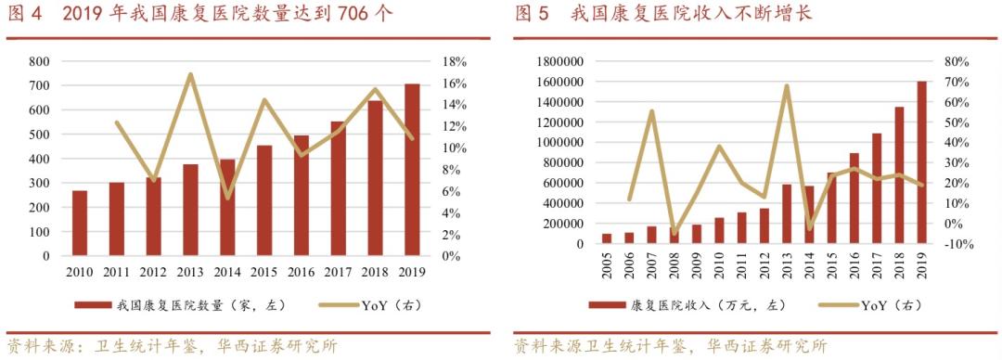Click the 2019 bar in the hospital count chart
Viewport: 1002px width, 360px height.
tap(412, 170)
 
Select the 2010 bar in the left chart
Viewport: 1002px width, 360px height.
tap(80, 223)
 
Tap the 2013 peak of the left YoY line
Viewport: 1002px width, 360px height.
tap(190, 74)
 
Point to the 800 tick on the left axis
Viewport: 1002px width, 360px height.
tap(39, 61)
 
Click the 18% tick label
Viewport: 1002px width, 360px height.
tap(452, 61)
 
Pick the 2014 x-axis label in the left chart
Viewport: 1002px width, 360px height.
tap(227, 271)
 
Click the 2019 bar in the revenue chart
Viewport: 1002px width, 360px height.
tap(921, 163)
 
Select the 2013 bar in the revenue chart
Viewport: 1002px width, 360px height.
tap(787, 214)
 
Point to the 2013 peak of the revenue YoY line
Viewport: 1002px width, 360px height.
tap(787, 86)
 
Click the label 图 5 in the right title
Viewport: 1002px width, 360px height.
tap(532, 14)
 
